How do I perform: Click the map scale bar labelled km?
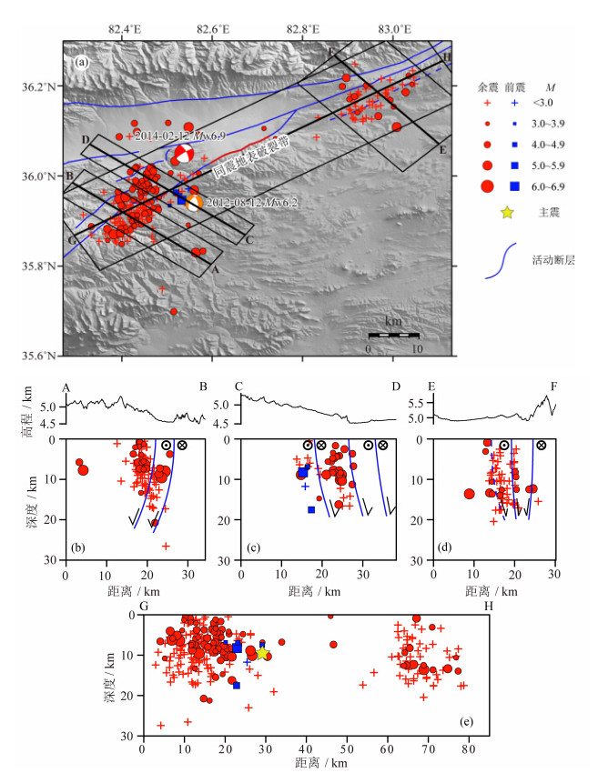(x=392, y=336)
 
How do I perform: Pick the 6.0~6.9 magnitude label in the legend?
(x=553, y=186)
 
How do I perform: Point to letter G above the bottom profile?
(x=143, y=606)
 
